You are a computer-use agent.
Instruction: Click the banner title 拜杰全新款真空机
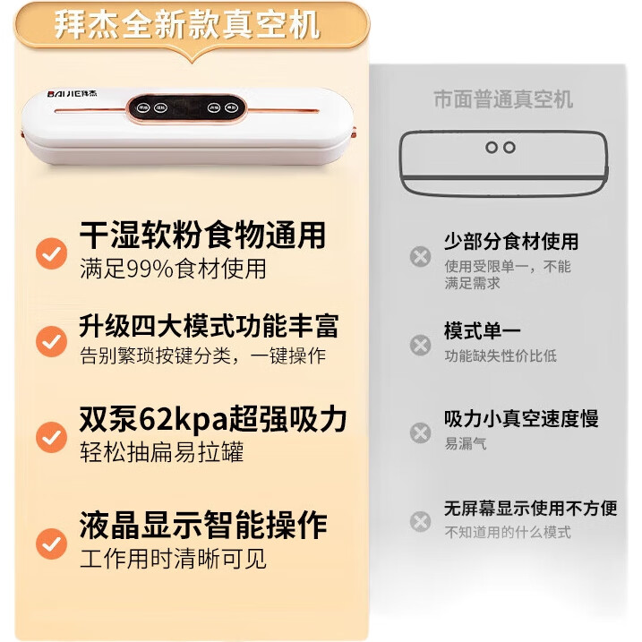tap(187, 25)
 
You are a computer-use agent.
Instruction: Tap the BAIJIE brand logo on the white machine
tap(72, 94)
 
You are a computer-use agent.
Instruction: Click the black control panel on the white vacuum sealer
tap(187, 108)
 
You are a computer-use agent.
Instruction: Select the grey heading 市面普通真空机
tap(503, 99)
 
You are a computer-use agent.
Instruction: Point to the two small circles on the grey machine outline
tap(501, 148)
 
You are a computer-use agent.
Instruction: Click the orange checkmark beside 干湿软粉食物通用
tap(52, 253)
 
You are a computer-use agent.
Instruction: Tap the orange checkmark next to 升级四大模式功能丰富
tap(52, 341)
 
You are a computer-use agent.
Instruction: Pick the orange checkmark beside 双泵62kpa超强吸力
tap(52, 437)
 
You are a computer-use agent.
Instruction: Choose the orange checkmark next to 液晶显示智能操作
tap(52, 544)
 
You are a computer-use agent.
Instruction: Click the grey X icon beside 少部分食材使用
tap(421, 257)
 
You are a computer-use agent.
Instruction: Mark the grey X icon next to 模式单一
tap(421, 345)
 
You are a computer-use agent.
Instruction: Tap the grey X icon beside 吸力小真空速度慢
tap(421, 433)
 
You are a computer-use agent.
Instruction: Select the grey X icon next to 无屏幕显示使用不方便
tap(421, 522)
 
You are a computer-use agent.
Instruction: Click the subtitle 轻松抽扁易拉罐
tap(162, 452)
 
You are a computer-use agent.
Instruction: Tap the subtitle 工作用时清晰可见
tap(173, 559)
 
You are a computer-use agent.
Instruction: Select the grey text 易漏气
tap(466, 443)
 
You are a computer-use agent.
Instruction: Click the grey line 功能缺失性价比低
tap(501, 355)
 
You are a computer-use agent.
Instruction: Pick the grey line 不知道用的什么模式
tap(508, 532)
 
